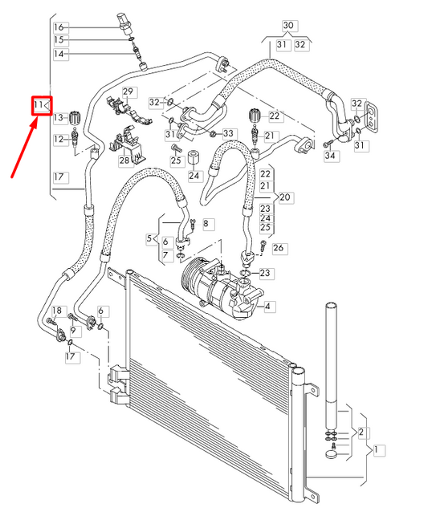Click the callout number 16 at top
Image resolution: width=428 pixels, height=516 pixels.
click(x=58, y=26)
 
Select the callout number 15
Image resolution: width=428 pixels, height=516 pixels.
click(x=58, y=39)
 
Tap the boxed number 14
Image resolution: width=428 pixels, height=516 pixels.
click(x=58, y=54)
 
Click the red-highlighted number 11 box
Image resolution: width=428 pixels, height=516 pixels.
click(x=42, y=105)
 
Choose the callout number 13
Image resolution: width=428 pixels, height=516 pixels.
click(x=58, y=118)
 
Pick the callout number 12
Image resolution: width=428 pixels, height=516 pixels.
click(x=58, y=140)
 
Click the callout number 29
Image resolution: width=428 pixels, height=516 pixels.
click(x=128, y=92)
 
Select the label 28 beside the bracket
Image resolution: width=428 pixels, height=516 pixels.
click(x=124, y=160)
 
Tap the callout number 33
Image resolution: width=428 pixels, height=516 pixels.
click(x=229, y=133)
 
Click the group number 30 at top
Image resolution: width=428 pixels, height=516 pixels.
click(x=289, y=26)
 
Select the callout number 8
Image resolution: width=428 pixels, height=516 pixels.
click(x=205, y=222)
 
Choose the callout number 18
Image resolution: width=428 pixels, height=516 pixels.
click(x=57, y=311)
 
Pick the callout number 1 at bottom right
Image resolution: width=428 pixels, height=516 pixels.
click(x=378, y=449)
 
